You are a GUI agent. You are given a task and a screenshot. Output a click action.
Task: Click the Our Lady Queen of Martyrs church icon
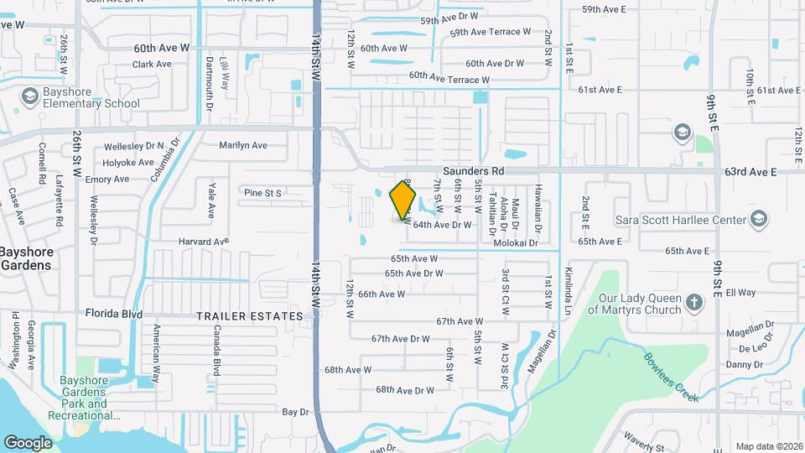[x=693, y=302]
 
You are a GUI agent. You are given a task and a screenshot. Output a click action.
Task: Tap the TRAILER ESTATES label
[x=249, y=316]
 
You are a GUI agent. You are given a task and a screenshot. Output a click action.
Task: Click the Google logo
[x=28, y=442]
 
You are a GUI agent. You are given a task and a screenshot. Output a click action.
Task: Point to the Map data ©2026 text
[x=768, y=446]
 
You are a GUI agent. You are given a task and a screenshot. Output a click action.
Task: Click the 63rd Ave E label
[x=751, y=172]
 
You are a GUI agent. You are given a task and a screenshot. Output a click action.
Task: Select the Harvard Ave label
[x=203, y=242]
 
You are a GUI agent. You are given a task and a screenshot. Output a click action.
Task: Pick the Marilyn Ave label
[x=243, y=145]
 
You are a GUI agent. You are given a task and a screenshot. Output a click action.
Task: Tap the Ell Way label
[x=740, y=293]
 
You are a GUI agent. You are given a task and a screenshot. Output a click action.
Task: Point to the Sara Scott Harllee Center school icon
[x=758, y=220]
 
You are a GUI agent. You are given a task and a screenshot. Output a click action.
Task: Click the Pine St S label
[x=262, y=193]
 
